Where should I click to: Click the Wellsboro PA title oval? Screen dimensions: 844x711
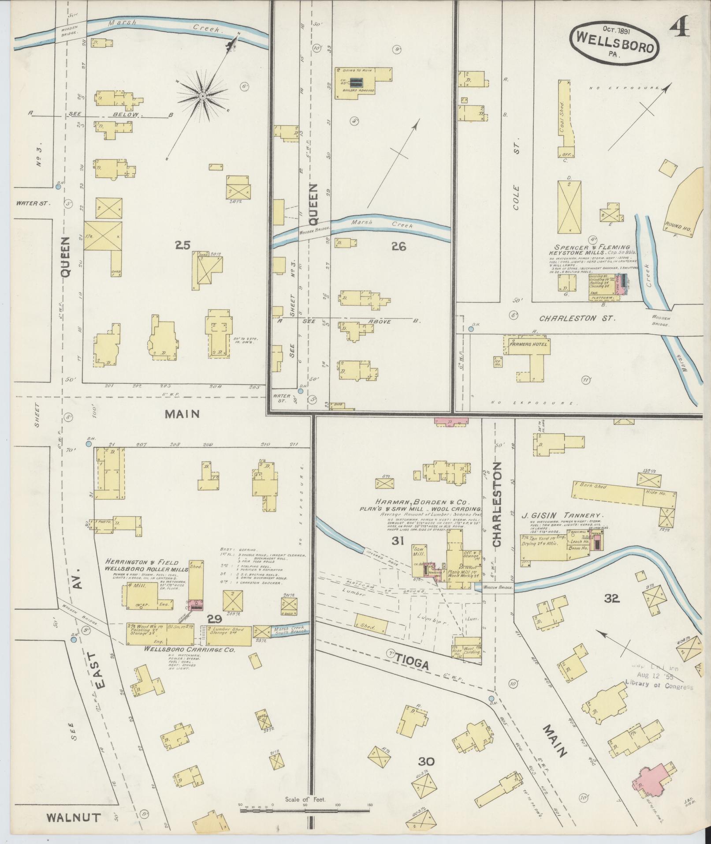click(615, 40)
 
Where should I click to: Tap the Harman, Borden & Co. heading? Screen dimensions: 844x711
click(423, 502)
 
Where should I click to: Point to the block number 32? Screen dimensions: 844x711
click(612, 598)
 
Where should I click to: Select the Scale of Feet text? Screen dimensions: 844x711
click(305, 799)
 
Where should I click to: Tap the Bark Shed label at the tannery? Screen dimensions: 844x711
click(595, 486)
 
